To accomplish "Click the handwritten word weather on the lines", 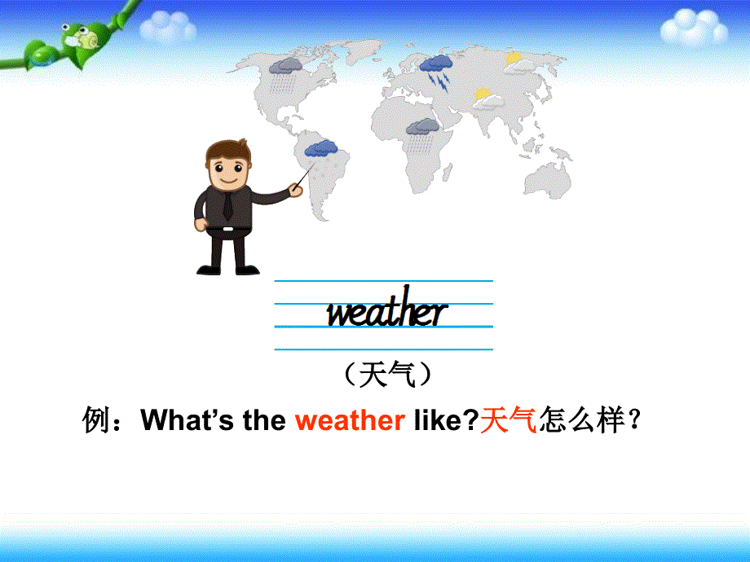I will (x=386, y=312).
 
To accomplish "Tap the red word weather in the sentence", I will (x=350, y=421).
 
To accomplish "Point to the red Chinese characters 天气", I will (x=508, y=421).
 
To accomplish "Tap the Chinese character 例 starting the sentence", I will (x=97, y=421).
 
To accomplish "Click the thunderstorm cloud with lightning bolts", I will (x=437, y=68).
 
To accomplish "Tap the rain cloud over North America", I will (x=286, y=68).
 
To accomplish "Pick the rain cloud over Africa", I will (x=422, y=130).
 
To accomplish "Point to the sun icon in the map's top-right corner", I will (x=514, y=58).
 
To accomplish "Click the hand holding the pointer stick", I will (x=296, y=190).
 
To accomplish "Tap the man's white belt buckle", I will (x=225, y=231).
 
